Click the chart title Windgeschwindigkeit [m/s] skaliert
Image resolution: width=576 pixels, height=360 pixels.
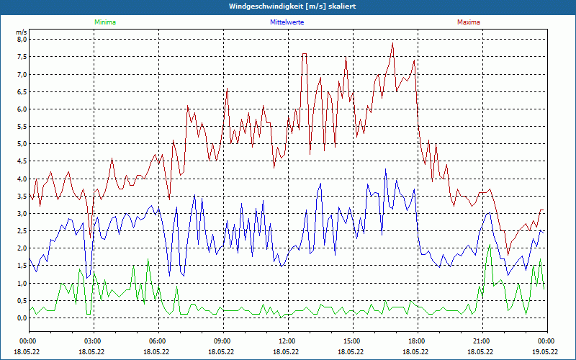(288, 6)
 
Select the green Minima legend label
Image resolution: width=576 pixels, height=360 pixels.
(104, 22)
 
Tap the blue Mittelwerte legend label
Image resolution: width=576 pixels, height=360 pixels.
(287, 22)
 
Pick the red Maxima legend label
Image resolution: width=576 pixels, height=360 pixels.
(468, 22)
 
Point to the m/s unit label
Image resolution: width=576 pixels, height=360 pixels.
(22, 32)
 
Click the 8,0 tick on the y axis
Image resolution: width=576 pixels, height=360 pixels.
(22, 40)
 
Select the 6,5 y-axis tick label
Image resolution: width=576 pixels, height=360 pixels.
(22, 92)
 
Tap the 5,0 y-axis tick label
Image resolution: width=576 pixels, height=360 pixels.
(22, 144)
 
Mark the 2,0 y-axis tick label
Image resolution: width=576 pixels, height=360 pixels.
(22, 248)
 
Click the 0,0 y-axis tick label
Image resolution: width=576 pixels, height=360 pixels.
(22, 318)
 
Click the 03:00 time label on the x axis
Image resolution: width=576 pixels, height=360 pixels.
(93, 341)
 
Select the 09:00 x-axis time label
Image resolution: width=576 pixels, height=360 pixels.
(222, 341)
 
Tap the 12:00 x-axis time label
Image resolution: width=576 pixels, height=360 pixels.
(287, 341)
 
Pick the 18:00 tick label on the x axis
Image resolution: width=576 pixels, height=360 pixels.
(417, 341)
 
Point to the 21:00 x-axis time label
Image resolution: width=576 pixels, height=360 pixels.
(482, 341)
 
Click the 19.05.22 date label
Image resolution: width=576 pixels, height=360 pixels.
(546, 352)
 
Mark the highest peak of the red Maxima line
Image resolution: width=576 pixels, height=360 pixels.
(392, 43)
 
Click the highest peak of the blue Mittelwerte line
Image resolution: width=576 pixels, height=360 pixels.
(385, 170)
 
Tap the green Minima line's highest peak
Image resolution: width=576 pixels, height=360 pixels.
(490, 245)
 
